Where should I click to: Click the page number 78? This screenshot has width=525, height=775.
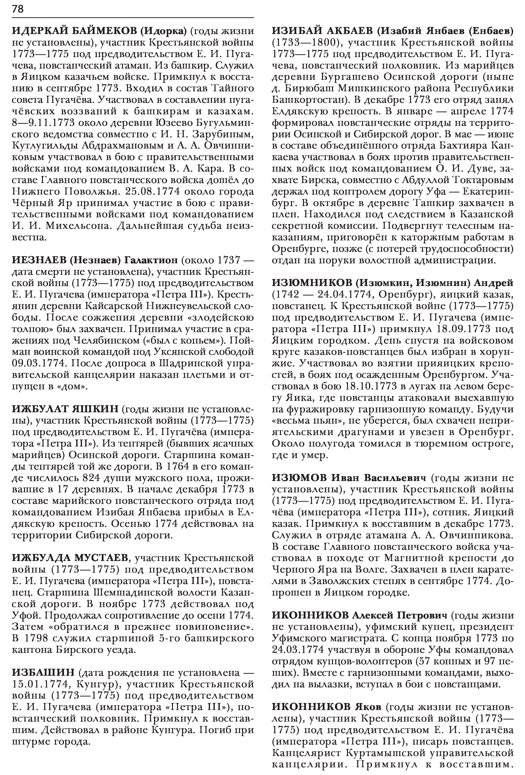tap(18, 9)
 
